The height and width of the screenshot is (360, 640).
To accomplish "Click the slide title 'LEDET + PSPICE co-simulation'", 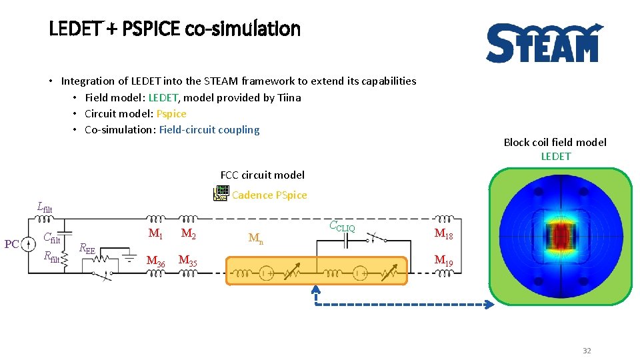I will (175, 29).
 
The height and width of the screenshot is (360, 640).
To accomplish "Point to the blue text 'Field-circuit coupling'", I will (209, 129).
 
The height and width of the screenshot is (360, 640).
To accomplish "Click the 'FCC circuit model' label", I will (262, 175).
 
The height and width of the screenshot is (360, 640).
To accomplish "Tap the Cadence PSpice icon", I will (221, 194).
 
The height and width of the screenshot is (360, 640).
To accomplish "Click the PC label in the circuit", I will (12, 244).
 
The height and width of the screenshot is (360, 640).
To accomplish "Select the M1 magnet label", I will (155, 233).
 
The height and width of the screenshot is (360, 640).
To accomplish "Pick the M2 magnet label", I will (189, 233).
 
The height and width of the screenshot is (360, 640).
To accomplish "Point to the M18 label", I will (444, 233).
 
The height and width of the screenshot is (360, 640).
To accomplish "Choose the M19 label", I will (444, 261).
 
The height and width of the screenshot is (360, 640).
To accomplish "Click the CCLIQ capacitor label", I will (342, 227).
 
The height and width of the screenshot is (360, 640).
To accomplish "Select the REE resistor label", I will (87, 249).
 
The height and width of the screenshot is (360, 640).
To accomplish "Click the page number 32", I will (587, 351).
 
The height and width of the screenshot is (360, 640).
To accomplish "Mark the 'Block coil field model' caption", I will (555, 142).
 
